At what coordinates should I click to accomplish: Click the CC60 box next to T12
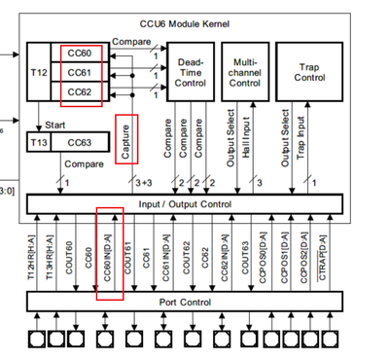(x=80, y=54)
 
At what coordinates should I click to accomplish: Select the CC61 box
(x=80, y=73)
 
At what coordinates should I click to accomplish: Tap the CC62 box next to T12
(x=80, y=92)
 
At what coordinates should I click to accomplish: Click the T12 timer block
(x=41, y=74)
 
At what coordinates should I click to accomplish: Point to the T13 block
(x=40, y=141)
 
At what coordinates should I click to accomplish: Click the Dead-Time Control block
(x=192, y=73)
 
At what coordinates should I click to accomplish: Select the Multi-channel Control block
(x=243, y=73)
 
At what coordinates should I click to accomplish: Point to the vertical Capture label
(x=124, y=140)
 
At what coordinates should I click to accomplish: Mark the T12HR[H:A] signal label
(x=36, y=254)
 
